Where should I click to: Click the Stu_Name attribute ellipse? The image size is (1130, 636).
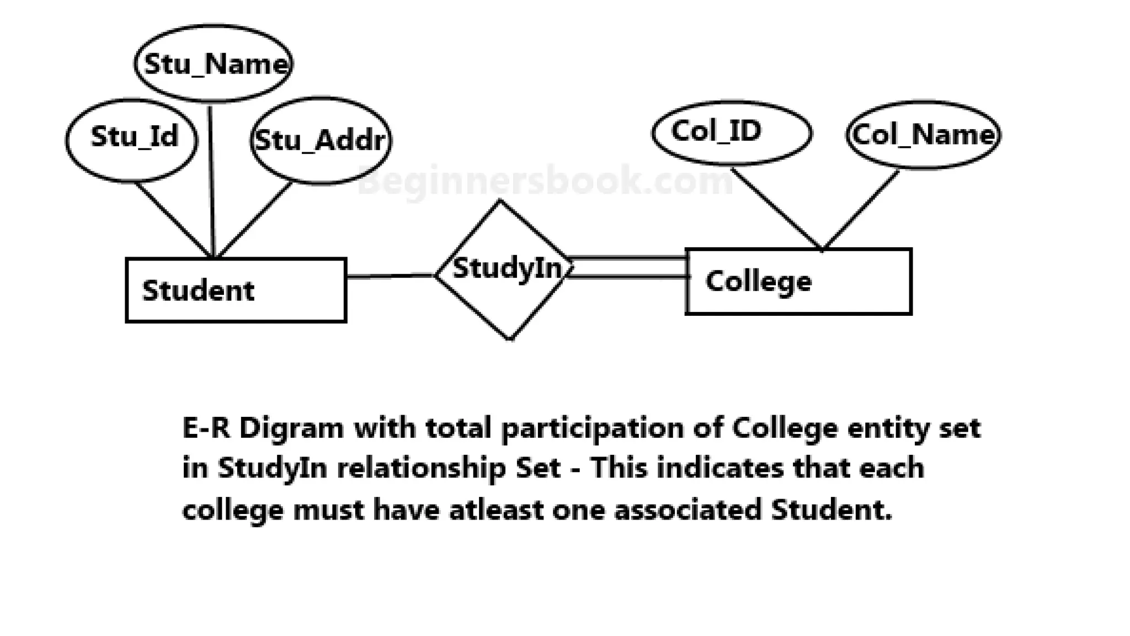[x=214, y=63]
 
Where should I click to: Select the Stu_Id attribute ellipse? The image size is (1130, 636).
[x=131, y=140]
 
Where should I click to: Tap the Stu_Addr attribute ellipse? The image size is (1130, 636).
[x=321, y=140]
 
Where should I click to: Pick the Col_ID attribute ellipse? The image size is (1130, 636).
[x=732, y=133]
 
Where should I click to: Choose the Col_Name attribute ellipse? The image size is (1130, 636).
[x=923, y=135]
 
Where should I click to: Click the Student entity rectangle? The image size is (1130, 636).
[x=236, y=290]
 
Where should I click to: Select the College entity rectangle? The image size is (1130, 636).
[x=798, y=282]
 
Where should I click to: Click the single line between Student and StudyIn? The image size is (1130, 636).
[x=390, y=275]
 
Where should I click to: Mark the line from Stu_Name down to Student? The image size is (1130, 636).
[x=211, y=182]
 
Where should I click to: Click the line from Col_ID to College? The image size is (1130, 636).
[x=776, y=208]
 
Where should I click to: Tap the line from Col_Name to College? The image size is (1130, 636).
[x=861, y=210]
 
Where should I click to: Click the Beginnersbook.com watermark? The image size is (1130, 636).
[x=545, y=181]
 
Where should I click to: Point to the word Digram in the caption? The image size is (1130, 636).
[x=291, y=428]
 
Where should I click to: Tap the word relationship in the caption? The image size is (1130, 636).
[x=421, y=469]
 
